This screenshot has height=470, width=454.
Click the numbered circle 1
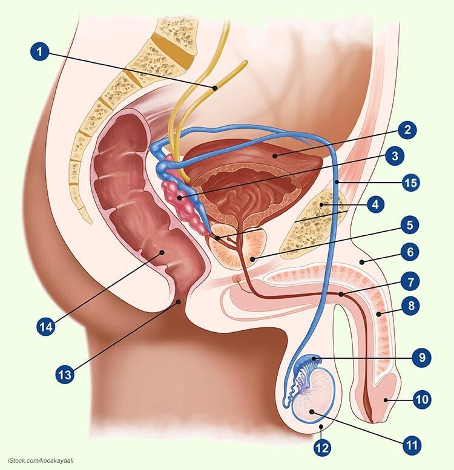39,51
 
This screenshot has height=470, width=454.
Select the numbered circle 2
407,129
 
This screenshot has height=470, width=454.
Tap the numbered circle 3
395,155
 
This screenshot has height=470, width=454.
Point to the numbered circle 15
411,182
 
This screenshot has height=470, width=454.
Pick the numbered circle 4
375,204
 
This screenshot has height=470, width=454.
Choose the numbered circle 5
410,225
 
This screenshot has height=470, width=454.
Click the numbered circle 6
411,252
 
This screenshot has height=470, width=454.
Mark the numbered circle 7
411,282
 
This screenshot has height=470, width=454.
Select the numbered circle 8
411,305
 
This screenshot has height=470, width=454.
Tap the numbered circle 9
422,357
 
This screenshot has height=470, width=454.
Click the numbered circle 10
422,399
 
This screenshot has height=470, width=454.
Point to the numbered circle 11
412,445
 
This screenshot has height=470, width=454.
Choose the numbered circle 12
323,448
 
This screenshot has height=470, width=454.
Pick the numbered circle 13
65,374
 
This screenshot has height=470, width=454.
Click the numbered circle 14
46,327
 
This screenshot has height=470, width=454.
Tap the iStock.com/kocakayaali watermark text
41,460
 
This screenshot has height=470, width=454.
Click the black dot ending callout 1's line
215,88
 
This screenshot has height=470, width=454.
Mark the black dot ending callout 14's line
162,252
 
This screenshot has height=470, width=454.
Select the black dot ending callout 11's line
312,412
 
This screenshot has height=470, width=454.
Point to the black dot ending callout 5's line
252,259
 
